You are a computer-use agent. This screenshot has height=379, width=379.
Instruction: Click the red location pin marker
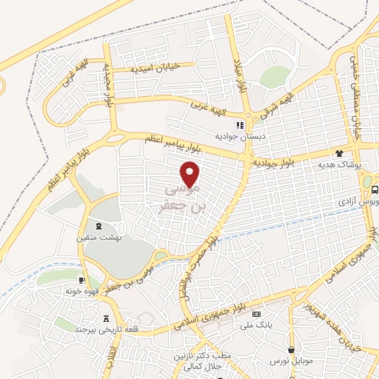(191, 174)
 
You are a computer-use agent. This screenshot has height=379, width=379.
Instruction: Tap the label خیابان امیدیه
(156, 69)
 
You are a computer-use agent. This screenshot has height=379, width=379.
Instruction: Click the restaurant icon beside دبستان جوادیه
(238, 124)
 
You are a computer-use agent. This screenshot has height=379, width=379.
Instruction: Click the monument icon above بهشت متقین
(100, 225)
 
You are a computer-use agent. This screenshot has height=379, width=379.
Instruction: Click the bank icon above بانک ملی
(257, 315)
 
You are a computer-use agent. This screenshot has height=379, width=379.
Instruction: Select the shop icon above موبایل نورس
(295, 349)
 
